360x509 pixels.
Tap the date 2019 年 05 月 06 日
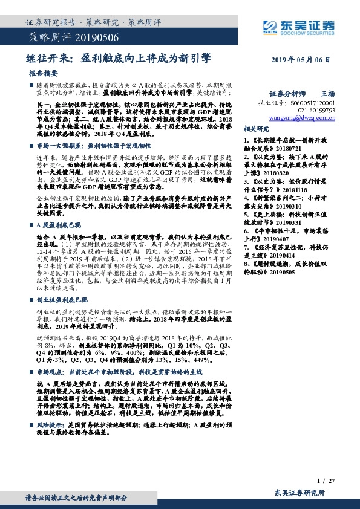[302, 60]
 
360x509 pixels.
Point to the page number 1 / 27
[326, 481]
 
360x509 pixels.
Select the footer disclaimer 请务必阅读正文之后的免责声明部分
[76, 497]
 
